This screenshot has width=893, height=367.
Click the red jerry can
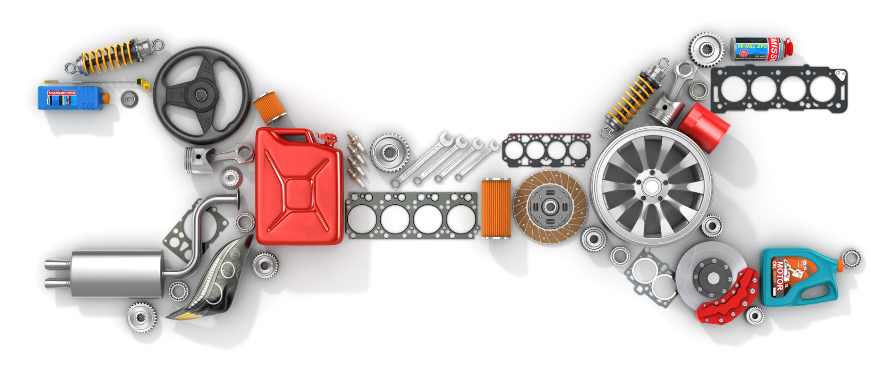298,188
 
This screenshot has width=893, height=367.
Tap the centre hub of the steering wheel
201,95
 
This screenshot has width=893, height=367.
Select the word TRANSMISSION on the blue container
62,93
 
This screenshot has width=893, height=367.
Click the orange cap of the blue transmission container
106,98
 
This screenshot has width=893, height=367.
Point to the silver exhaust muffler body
116,274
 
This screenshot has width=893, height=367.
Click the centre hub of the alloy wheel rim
651,186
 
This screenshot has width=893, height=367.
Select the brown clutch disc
550,207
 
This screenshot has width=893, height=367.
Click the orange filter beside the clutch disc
496,208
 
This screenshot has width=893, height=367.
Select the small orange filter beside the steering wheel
270,107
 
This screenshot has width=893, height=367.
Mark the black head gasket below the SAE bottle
779,89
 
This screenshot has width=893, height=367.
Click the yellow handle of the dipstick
144,84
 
